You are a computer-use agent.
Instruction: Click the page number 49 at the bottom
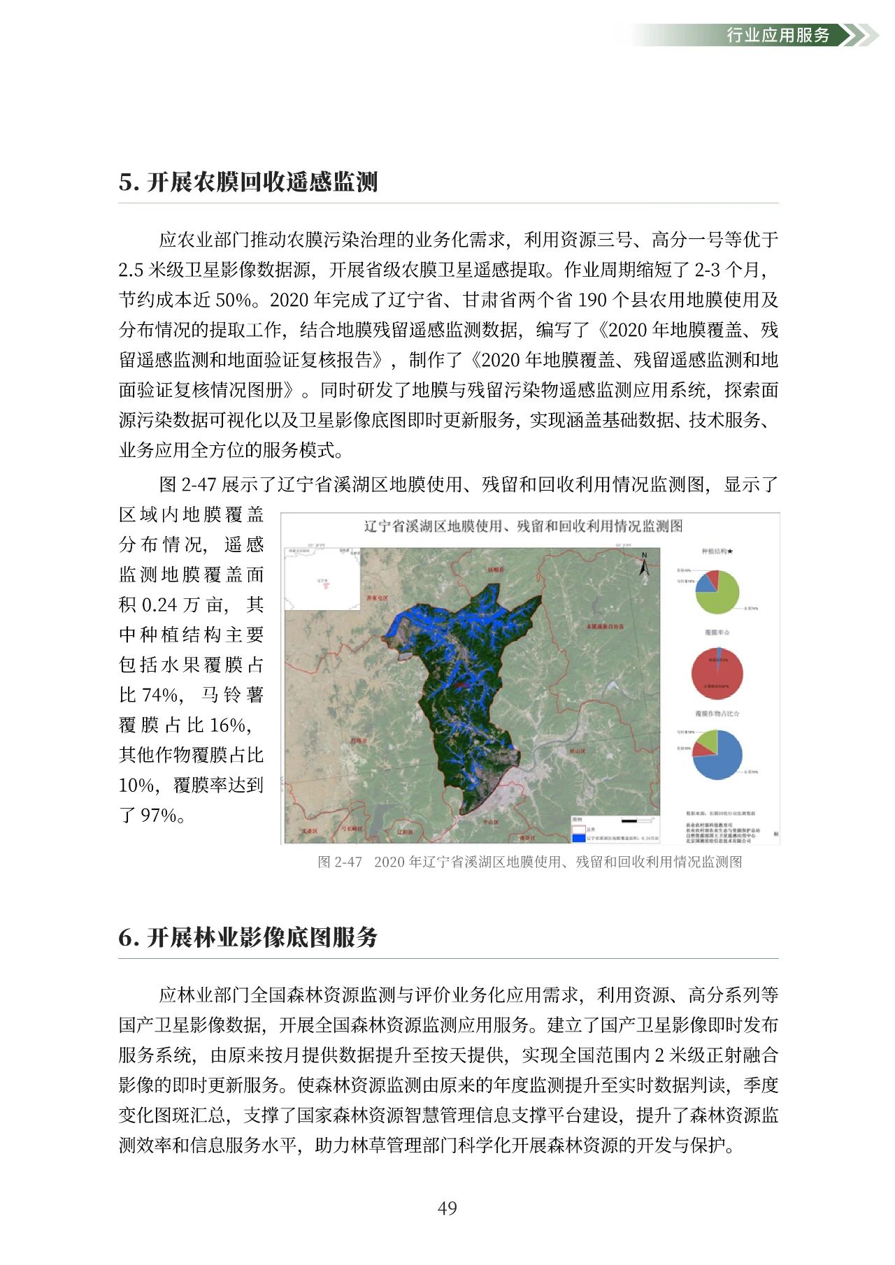447,1208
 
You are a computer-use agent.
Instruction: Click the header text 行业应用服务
778,35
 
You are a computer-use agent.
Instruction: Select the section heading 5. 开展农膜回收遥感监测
248,182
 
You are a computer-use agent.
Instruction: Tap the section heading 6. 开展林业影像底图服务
248,937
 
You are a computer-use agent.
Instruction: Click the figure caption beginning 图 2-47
529,862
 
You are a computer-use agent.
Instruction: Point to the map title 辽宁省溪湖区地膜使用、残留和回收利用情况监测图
523,526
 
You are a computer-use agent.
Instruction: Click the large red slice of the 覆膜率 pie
717,677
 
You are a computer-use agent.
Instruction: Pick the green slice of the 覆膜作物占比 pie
708,740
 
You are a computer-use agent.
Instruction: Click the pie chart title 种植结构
717,551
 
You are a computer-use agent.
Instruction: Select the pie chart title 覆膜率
717,632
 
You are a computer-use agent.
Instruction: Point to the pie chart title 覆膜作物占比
717,714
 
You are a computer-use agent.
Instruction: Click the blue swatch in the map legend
578,837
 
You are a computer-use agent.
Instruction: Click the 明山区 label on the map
577,751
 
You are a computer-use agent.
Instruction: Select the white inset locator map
322,579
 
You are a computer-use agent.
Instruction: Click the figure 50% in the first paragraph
234,300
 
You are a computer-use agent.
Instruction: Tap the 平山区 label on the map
491,822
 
